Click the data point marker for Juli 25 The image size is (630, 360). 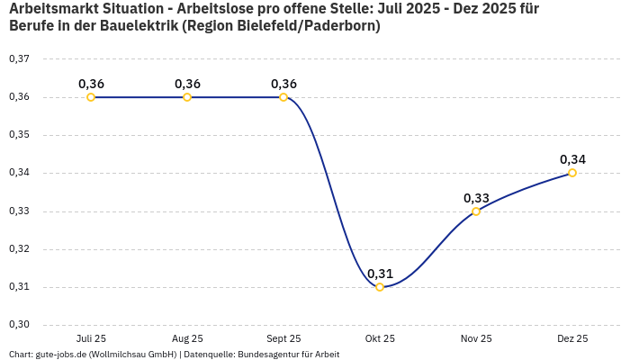click(x=91, y=97)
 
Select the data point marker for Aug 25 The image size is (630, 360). click(x=187, y=97)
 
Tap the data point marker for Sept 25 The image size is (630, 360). click(x=283, y=97)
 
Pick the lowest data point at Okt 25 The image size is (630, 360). click(x=380, y=287)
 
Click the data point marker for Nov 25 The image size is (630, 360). click(x=476, y=211)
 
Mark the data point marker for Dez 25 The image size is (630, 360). click(x=572, y=173)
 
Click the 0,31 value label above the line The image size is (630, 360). click(x=380, y=274)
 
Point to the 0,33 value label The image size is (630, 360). click(x=476, y=198)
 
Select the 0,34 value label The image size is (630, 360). click(x=572, y=159)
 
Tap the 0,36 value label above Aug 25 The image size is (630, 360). click(x=187, y=84)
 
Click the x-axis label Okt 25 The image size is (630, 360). click(x=380, y=338)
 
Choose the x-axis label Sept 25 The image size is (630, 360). click(x=283, y=338)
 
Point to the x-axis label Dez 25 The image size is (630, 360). click(x=572, y=338)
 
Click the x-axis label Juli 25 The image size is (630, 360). click(x=91, y=338)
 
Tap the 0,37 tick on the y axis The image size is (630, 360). click(x=19, y=59)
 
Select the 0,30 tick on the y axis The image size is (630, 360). click(x=19, y=325)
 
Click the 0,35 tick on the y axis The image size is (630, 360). click(x=19, y=135)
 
